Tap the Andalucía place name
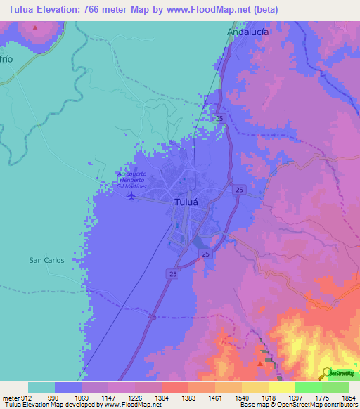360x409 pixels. (249, 32)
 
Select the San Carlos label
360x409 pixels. (46, 260)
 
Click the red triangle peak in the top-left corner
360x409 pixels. (35, 27)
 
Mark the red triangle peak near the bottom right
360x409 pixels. (262, 363)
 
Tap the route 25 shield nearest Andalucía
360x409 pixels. (221, 119)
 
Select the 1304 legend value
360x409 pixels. (162, 398)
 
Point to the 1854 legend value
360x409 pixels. (348, 398)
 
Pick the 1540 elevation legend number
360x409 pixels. (241, 398)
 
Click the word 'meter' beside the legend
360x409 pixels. (9, 398)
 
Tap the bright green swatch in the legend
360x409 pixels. (308, 387)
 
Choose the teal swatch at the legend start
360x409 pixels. (41, 387)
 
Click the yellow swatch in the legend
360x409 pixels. (281, 387)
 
